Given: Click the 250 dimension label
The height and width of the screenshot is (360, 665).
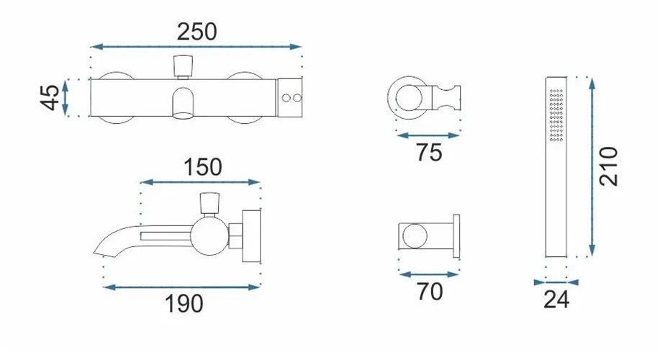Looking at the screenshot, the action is [x=196, y=32].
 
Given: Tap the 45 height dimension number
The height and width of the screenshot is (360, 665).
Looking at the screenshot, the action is [x=50, y=98].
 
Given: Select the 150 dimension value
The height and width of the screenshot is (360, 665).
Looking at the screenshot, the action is [x=203, y=167].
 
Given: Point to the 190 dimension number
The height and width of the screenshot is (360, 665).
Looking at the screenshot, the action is [x=184, y=304].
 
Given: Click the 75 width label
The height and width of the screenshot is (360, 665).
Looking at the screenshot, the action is [x=429, y=153].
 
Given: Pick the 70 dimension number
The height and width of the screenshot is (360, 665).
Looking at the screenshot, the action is [x=430, y=292].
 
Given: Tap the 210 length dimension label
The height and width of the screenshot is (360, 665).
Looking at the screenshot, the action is [x=609, y=166].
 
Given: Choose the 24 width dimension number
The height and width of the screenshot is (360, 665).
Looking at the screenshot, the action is [x=556, y=300].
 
